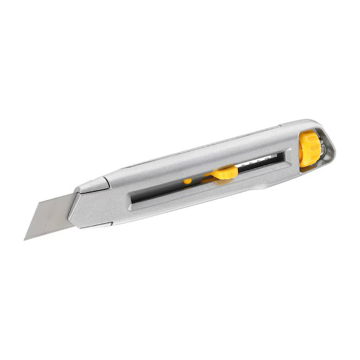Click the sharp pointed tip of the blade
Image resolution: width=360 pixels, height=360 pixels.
tap(25, 239)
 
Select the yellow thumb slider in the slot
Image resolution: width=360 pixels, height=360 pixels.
tap(225, 172)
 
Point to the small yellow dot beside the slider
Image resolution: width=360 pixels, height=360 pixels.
tap(187, 181)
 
